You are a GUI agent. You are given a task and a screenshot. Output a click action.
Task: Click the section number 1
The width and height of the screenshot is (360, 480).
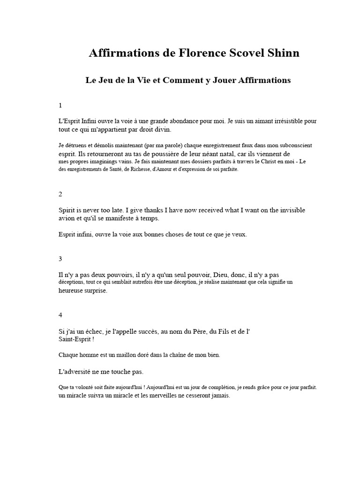(x=60, y=105)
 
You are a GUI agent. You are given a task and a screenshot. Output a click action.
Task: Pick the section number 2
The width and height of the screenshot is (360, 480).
(x=60, y=194)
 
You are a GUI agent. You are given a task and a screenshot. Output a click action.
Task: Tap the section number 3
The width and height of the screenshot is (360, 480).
(x=60, y=258)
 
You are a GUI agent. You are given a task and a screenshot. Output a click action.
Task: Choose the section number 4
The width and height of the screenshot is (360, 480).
(x=60, y=315)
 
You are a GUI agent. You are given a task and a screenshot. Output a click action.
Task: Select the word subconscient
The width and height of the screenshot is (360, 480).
(x=293, y=146)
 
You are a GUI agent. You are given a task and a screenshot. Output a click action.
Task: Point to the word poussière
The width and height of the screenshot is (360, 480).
(x=163, y=154)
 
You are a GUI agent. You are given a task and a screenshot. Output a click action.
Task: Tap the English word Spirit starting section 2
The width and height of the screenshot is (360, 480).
(x=68, y=210)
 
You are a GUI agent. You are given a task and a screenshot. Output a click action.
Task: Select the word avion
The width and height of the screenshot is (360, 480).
(x=67, y=218)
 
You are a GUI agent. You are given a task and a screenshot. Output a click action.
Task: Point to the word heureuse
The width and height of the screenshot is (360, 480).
(x=72, y=291)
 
